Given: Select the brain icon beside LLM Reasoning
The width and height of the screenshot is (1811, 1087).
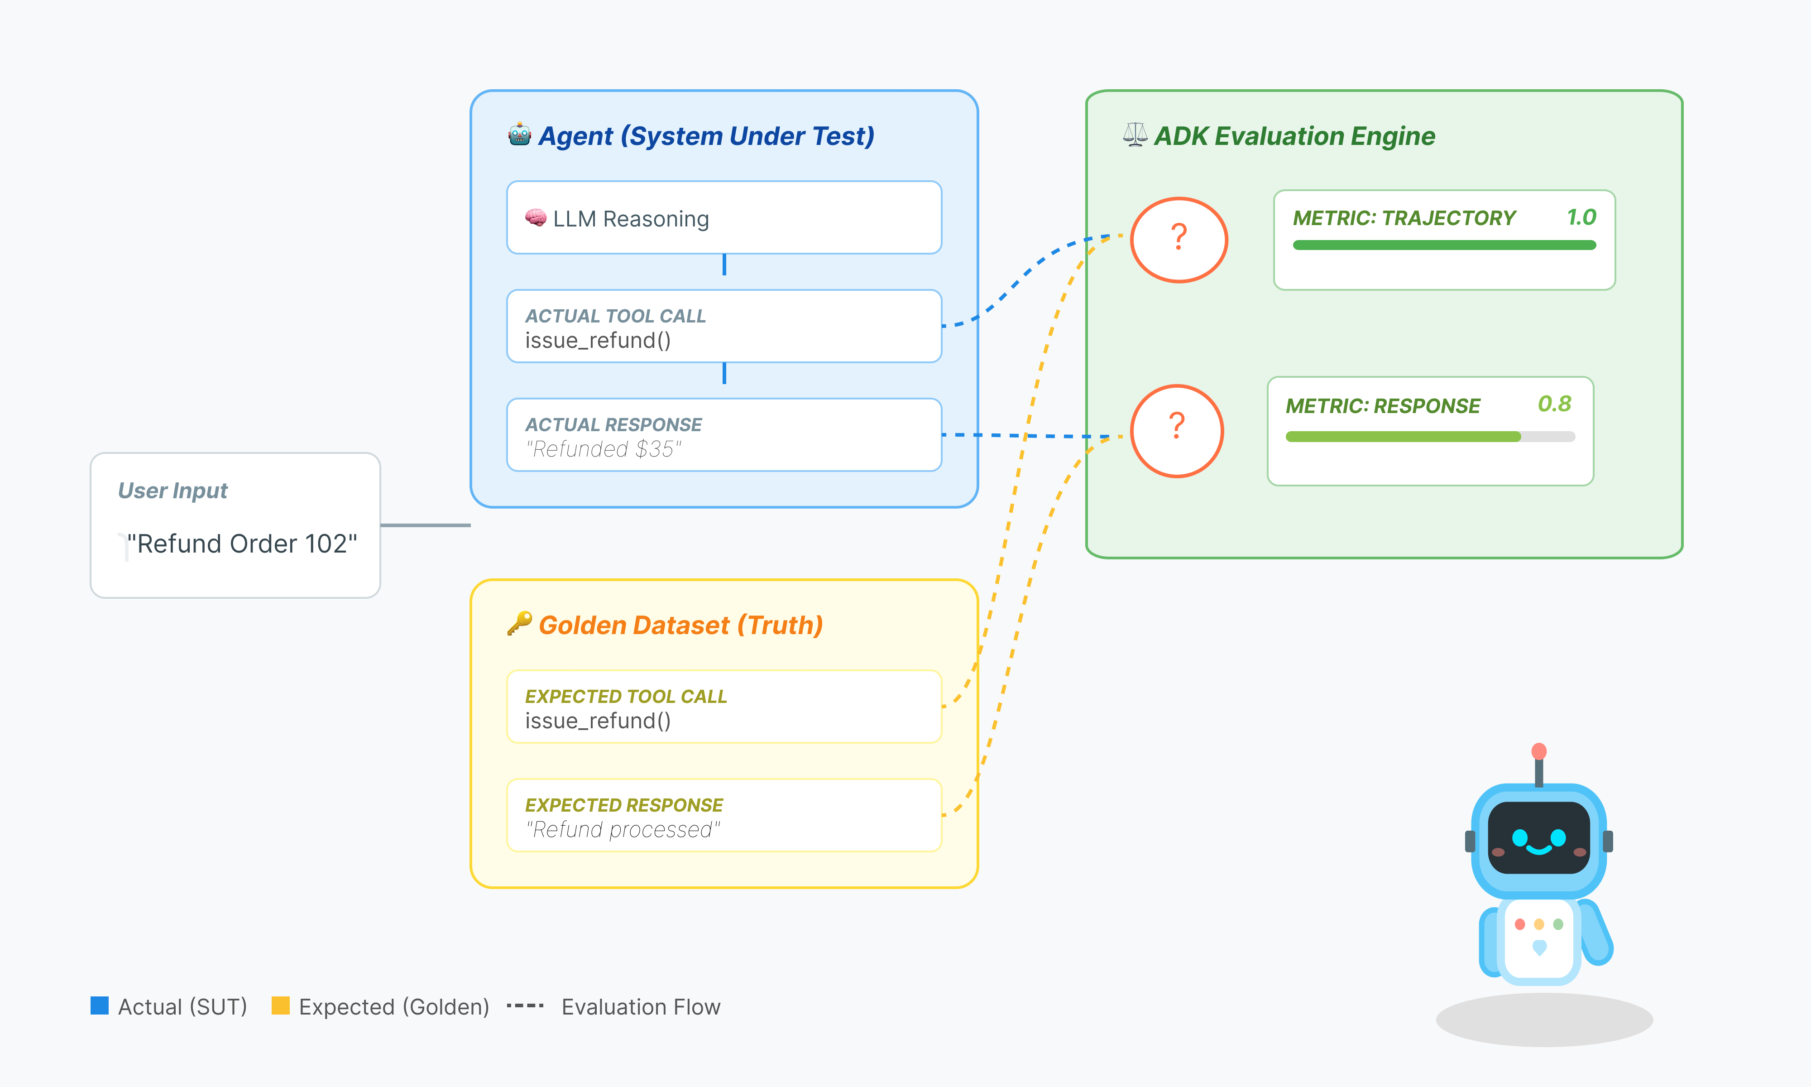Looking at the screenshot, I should [x=535, y=217].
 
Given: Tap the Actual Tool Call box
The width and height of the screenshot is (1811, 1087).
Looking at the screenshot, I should [x=723, y=326].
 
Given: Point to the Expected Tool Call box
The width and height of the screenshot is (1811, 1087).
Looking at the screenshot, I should [x=723, y=707].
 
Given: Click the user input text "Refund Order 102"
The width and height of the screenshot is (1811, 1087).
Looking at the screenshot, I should [x=242, y=543].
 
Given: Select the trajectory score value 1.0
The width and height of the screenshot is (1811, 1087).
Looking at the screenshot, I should [x=1581, y=217].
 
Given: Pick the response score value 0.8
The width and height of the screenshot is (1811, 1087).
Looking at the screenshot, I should [x=1554, y=404].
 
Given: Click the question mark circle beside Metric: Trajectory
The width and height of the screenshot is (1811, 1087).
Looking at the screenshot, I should [x=1179, y=240].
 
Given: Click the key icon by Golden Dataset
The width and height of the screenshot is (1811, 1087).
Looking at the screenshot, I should [x=520, y=623].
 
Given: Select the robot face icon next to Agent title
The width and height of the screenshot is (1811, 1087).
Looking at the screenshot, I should [x=520, y=135].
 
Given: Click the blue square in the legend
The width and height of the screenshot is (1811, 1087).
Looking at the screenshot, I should [x=100, y=1005].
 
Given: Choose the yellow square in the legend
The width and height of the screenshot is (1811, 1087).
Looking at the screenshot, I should [x=280, y=1005].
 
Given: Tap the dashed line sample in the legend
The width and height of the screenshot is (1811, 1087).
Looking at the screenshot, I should [x=525, y=1005].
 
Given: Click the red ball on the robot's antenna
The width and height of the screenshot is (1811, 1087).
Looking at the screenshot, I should [x=1539, y=751].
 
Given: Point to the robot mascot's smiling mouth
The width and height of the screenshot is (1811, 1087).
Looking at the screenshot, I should [x=1539, y=850].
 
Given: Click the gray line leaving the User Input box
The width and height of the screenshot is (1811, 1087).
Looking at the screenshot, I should [x=425, y=525].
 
